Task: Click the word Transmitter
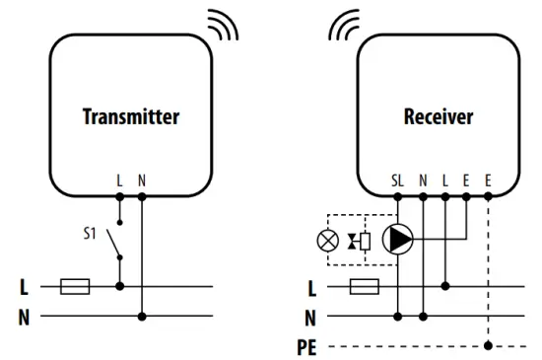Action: click(130, 116)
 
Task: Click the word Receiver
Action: click(438, 116)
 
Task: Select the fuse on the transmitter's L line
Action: click(76, 287)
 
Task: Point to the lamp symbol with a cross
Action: click(324, 239)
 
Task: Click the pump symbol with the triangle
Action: click(398, 239)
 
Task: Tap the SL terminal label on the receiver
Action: click(397, 180)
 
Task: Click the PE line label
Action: click(308, 346)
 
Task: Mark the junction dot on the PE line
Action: click(490, 346)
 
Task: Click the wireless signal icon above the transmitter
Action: click(224, 27)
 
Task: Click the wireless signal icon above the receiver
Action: click(345, 27)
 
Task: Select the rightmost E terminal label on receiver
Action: click(490, 180)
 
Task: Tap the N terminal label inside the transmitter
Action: click(142, 180)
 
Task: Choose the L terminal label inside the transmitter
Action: click(120, 180)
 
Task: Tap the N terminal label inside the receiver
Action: click(423, 180)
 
